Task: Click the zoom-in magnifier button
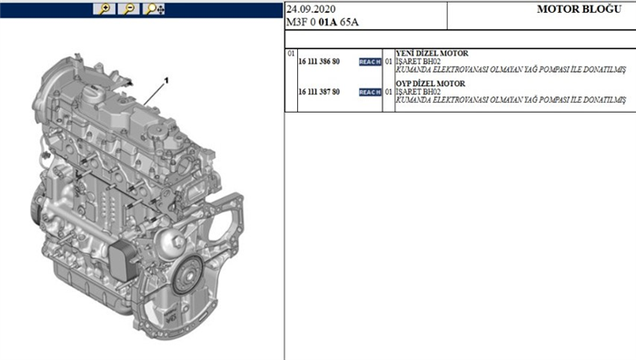pyautogui.click(x=106, y=9)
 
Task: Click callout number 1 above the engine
pyautogui.click(x=166, y=82)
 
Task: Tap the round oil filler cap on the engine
pyautogui.click(x=94, y=95)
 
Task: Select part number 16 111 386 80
pyautogui.click(x=319, y=62)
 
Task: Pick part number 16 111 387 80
pyautogui.click(x=319, y=92)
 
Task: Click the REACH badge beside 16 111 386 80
pyautogui.click(x=370, y=62)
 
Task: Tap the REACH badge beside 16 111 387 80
pyautogui.click(x=370, y=92)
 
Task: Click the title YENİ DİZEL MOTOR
pyautogui.click(x=432, y=54)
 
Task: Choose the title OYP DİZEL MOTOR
pyautogui.click(x=431, y=84)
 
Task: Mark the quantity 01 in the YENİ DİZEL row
pyautogui.click(x=388, y=62)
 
